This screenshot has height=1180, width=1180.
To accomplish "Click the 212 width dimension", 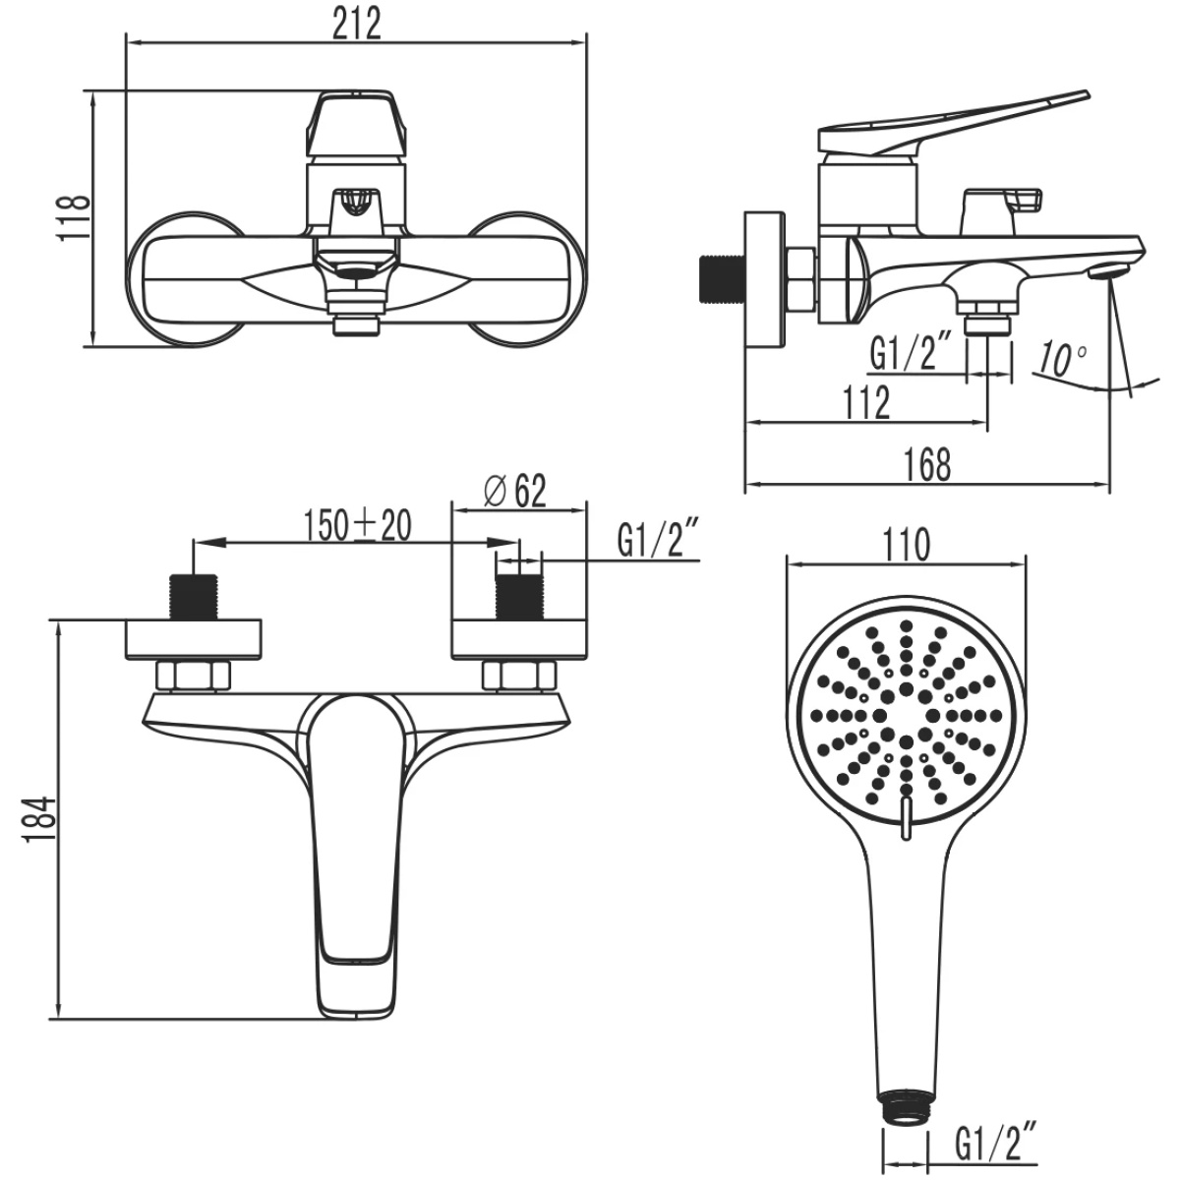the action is pyautogui.click(x=356, y=23).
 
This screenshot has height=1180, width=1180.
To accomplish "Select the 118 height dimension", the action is pyautogui.click(x=75, y=218).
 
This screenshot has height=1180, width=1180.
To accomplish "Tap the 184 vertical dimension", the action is pyautogui.click(x=41, y=820).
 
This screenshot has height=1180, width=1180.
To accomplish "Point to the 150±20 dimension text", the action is pyautogui.click(x=358, y=525).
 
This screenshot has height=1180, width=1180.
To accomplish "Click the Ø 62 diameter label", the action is pyautogui.click(x=514, y=491).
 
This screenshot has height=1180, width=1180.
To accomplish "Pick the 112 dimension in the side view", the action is pyautogui.click(x=866, y=402).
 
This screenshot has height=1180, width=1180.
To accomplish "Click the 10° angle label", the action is pyautogui.click(x=1062, y=360).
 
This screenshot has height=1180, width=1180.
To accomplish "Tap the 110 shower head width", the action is pyautogui.click(x=906, y=545).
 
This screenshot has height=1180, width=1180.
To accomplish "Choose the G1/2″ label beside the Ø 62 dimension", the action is pyautogui.click(x=659, y=538).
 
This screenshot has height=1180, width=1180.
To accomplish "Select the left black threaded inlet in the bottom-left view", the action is pyautogui.click(x=194, y=597).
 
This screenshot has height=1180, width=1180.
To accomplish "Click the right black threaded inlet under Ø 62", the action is pyautogui.click(x=518, y=597).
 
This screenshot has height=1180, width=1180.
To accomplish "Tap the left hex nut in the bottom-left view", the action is pyautogui.click(x=194, y=676).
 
